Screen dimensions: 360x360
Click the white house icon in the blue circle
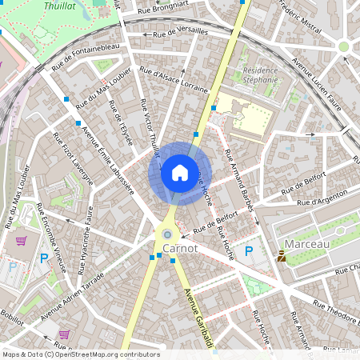pyautogui.click(x=179, y=172)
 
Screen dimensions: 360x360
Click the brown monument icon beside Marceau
pyautogui.click(x=282, y=256)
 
